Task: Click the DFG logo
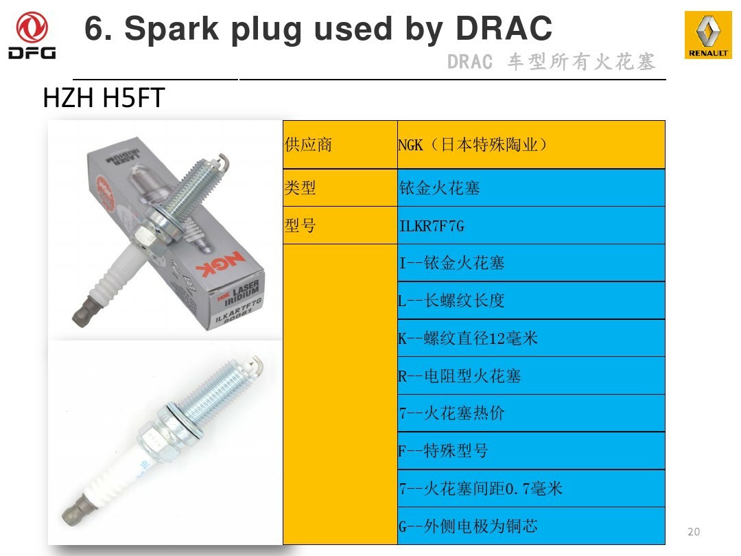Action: (32, 36)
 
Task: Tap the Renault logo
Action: (708, 35)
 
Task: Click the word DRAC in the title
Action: (504, 28)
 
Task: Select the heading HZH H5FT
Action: (104, 98)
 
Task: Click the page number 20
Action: (694, 531)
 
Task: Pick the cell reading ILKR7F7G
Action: (531, 226)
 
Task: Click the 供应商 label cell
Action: (340, 145)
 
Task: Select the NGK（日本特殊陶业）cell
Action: (531, 145)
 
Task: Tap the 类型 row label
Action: (340, 187)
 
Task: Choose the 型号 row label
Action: (340, 226)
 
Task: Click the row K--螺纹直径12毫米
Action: (531, 338)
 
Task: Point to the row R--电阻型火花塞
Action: (531, 376)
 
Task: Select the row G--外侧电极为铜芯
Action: (531, 526)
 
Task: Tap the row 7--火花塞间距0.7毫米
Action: (531, 489)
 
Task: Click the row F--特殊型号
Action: (531, 450)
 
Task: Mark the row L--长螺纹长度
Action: (531, 301)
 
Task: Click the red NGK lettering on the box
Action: (220, 264)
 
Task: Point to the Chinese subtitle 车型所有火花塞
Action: (582, 62)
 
